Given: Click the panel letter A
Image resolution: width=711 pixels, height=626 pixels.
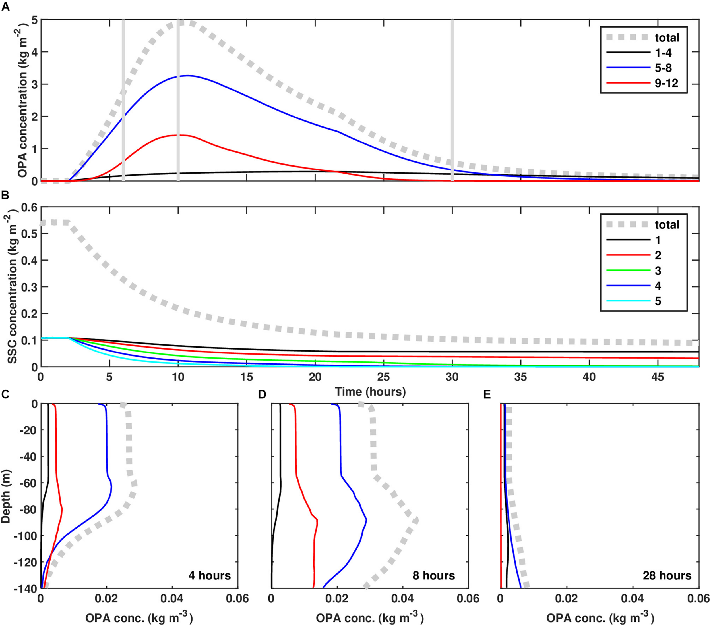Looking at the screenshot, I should (6, 7).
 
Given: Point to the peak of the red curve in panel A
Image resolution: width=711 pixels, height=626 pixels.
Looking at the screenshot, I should (183, 135).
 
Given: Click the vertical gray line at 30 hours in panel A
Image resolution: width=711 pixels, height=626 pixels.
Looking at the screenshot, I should (452, 101).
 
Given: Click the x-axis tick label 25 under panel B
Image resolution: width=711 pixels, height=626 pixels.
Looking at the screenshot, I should (384, 377).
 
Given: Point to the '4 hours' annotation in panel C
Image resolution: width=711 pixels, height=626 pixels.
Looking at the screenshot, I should (210, 576).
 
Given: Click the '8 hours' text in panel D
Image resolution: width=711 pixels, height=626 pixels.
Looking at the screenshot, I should (434, 576).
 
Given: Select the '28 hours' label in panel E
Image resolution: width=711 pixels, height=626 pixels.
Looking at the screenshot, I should (667, 576).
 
